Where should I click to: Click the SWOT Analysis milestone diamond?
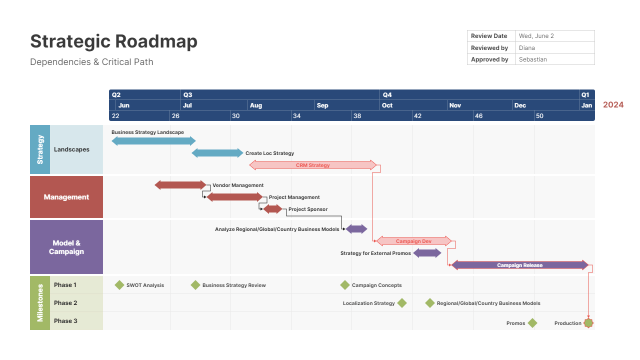pyautogui.click(x=119, y=285)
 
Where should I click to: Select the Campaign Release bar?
pyautogui.click(x=519, y=265)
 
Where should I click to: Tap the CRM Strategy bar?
pyautogui.click(x=312, y=165)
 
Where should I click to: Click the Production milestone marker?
pyautogui.click(x=588, y=323)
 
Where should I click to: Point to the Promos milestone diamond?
pyautogui.click(x=532, y=323)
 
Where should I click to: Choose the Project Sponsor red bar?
pyautogui.click(x=272, y=209)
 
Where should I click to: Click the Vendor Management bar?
pyautogui.click(x=180, y=185)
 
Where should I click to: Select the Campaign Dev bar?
pyautogui.click(x=413, y=241)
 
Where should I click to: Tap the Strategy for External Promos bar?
pyautogui.click(x=427, y=253)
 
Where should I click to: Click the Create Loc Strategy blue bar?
pyautogui.click(x=217, y=153)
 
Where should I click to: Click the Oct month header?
pyautogui.click(x=387, y=105)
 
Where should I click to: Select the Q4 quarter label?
pyautogui.click(x=387, y=94)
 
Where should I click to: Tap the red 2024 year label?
pyautogui.click(x=613, y=105)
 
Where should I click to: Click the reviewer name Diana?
pyautogui.click(x=526, y=48)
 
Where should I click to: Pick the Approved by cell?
pyautogui.click(x=489, y=59)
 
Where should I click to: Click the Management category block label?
pyautogui.click(x=66, y=197)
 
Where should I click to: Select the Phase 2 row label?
pyautogui.click(x=65, y=303)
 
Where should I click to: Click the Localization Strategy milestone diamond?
pyautogui.click(x=401, y=303)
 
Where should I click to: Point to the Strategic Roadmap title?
pyautogui.click(x=113, y=41)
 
